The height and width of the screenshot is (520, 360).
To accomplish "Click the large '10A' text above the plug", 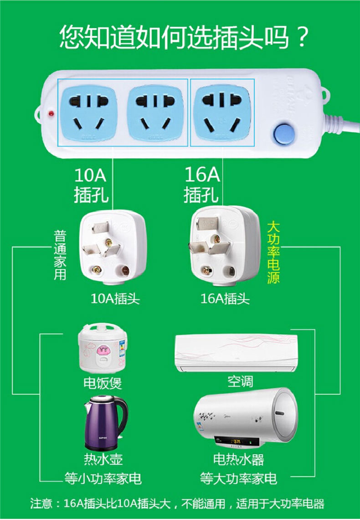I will click(90, 174).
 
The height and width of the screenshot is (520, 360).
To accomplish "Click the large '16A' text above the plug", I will click(201, 174).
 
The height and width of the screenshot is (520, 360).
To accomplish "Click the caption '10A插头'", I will click(115, 299).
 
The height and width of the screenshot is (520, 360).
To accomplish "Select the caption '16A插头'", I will click(225, 299).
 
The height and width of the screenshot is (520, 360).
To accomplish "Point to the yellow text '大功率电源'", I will click(273, 252).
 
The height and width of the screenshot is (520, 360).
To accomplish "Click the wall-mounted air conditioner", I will click(236, 352).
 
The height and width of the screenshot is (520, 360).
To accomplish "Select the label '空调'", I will click(240, 381).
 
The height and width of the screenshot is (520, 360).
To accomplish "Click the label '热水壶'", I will click(103, 458).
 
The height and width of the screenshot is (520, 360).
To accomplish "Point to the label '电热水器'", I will click(238, 459).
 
